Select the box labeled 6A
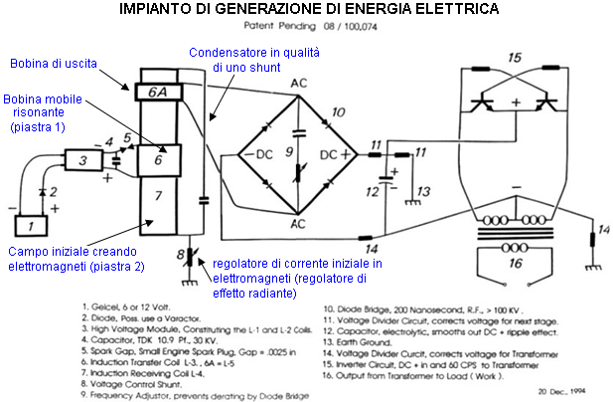[157, 91]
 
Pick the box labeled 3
[82, 160]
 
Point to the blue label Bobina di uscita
[54, 64]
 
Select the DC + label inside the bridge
[335, 156]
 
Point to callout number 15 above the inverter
[513, 58]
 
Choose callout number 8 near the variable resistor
[179, 256]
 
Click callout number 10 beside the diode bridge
[340, 111]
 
